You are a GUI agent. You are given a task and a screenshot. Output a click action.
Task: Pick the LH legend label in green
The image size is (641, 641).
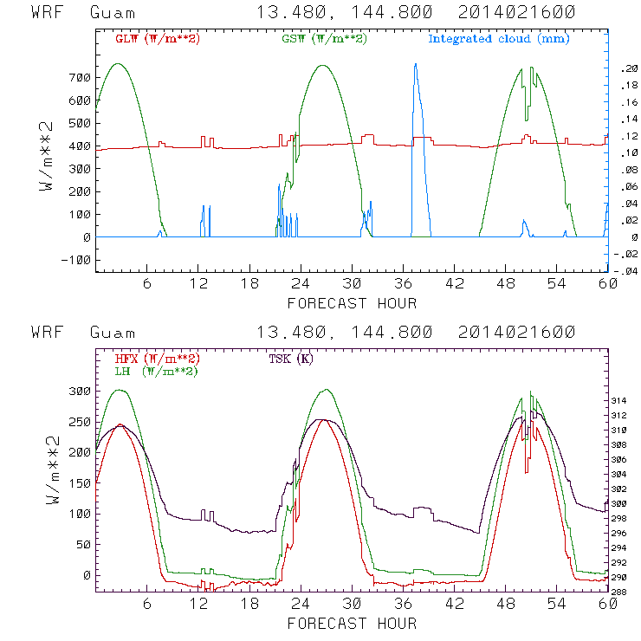tap(157, 371)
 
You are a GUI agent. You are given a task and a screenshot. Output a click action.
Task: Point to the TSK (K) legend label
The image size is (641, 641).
tap(291, 359)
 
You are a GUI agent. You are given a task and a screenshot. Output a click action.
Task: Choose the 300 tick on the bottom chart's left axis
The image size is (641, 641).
tap(79, 391)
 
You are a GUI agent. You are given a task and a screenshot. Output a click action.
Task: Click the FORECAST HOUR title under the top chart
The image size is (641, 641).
tap(352, 303)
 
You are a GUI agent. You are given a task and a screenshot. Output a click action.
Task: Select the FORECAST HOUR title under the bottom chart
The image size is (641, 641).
tap(352, 624)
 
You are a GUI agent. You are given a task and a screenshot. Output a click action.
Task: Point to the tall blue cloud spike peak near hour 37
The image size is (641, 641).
tap(415, 64)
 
